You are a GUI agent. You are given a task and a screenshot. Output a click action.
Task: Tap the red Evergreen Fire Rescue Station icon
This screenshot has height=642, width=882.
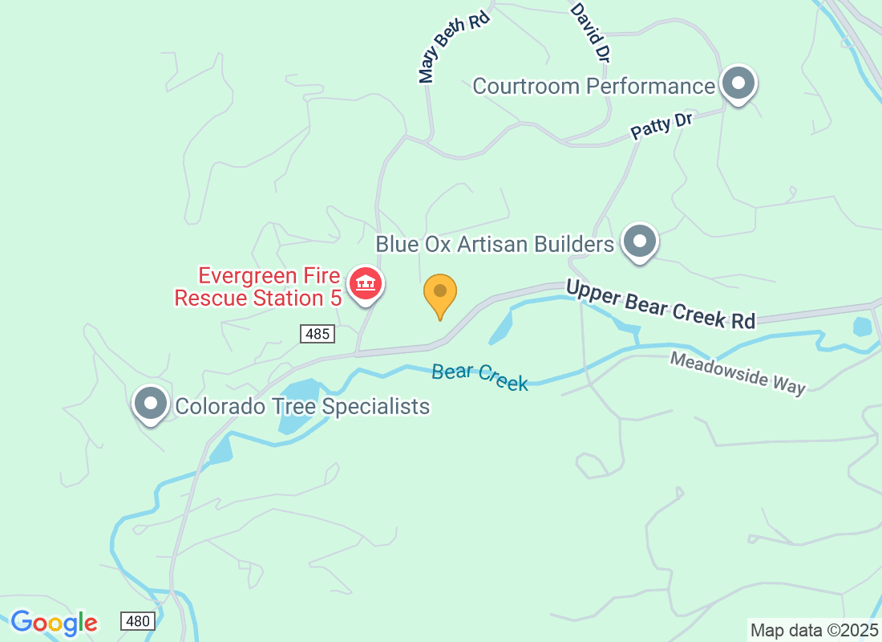[366, 283]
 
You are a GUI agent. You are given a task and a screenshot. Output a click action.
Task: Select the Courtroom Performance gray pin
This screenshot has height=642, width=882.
[738, 83]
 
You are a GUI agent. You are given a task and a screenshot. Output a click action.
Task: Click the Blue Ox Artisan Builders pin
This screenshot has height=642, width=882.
[640, 241]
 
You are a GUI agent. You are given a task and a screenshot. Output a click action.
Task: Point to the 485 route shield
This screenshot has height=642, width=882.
[318, 334]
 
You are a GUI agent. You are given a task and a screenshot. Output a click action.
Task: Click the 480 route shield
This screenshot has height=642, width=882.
[138, 620]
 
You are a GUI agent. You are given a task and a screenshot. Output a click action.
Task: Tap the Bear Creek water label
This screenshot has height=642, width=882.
[479, 376]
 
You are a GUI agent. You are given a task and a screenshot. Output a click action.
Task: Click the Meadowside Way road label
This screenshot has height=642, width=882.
[738, 372]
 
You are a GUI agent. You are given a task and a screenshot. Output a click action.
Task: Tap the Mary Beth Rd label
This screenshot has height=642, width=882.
[454, 47]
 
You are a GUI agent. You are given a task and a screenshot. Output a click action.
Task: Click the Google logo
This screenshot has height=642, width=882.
[55, 623]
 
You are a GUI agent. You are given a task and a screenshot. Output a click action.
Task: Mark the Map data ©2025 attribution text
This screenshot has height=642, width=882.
[814, 630]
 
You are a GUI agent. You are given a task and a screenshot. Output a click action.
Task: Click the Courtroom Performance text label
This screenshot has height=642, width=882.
[593, 86]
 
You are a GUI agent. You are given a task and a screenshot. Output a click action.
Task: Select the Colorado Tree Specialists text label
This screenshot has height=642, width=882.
[302, 406]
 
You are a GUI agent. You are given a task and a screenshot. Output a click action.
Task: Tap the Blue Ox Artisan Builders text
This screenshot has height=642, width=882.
[495, 243]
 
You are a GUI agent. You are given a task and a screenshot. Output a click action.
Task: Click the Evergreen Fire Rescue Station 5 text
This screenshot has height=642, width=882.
[259, 287]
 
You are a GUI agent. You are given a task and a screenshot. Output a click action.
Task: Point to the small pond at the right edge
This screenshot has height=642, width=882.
[863, 327]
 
